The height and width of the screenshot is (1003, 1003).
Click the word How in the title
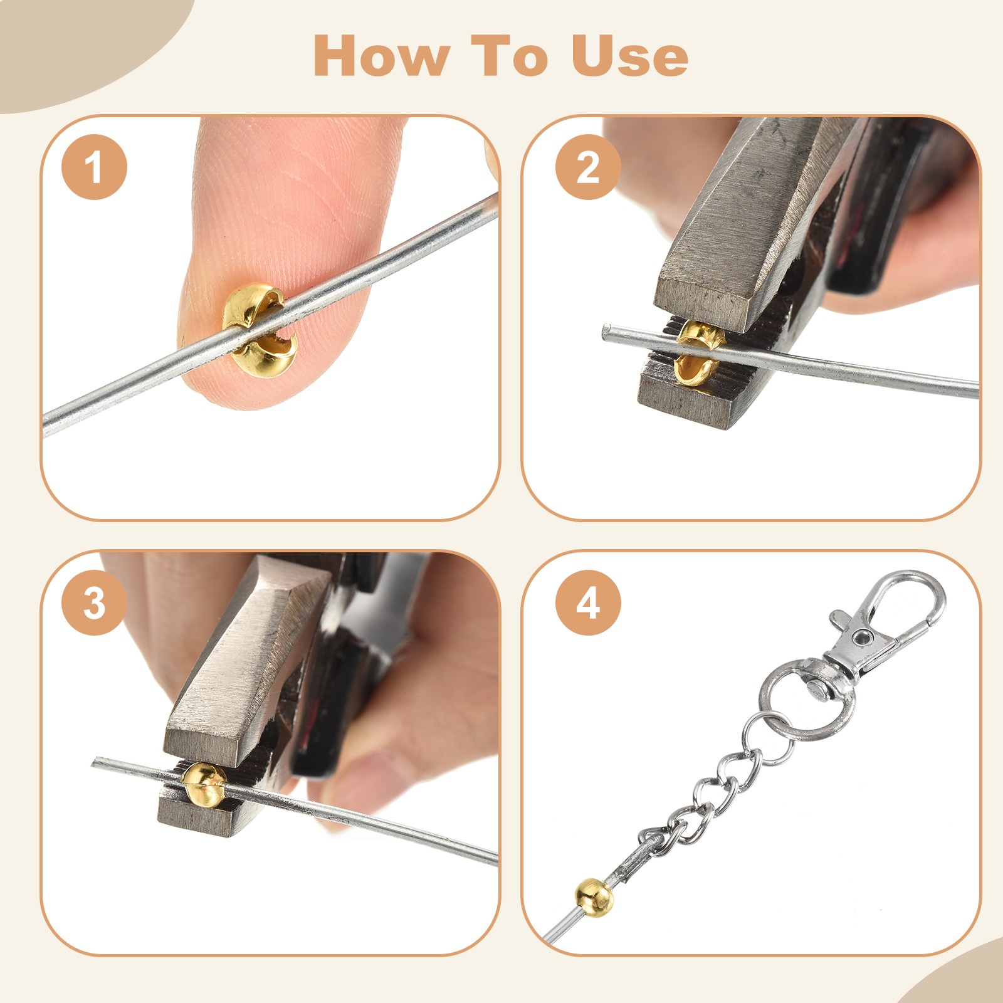click(381, 56)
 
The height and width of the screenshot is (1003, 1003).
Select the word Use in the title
click(629, 56)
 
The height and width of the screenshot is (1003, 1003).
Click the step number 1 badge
click(94, 167)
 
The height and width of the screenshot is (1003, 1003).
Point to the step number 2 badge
click(588, 167)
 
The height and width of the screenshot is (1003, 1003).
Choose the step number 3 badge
click(94, 603)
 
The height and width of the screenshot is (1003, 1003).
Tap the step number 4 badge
click(588, 603)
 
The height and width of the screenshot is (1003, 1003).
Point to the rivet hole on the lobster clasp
click(864, 638)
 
